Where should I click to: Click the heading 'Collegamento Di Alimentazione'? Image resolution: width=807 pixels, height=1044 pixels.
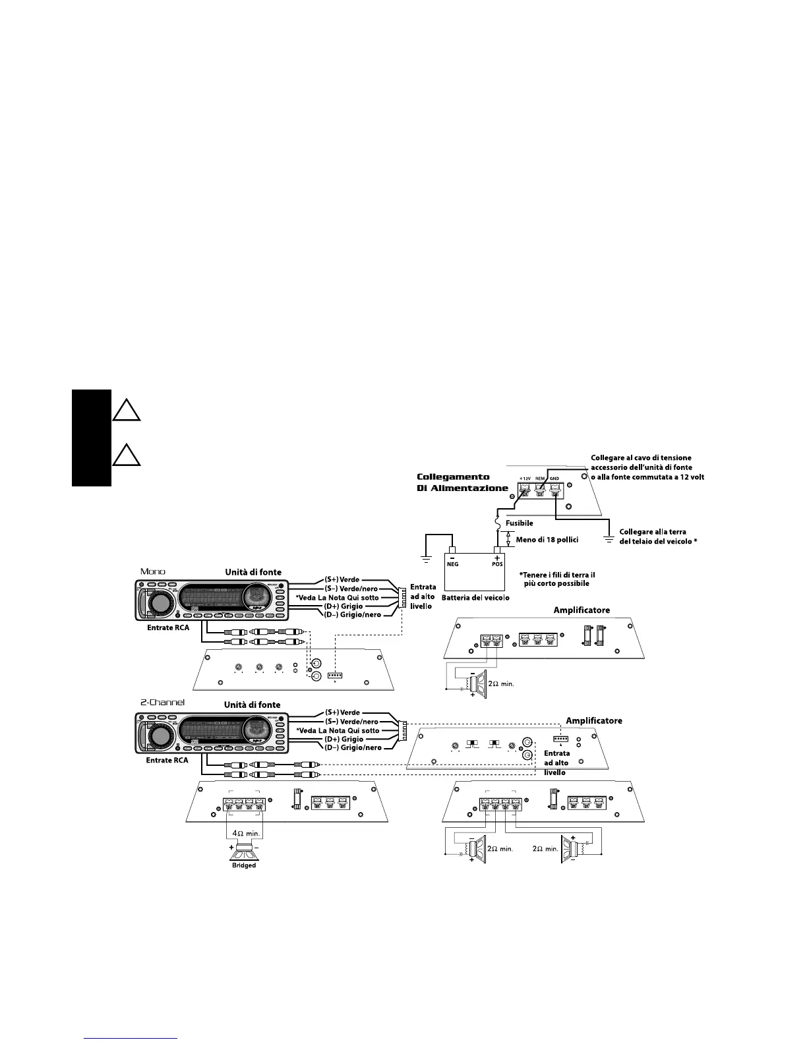click(x=463, y=482)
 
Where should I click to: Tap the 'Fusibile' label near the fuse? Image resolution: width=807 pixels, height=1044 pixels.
click(x=519, y=523)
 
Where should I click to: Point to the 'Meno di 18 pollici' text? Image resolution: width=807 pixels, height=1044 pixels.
click(x=547, y=540)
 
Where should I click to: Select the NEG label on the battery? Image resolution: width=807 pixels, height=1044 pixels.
click(x=452, y=564)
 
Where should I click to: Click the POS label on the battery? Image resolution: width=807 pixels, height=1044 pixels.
click(x=497, y=564)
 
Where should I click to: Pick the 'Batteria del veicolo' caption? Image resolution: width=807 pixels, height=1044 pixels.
click(x=475, y=597)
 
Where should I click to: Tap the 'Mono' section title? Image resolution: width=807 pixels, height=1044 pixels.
click(x=153, y=571)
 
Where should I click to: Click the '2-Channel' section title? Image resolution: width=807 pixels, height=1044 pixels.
click(x=162, y=703)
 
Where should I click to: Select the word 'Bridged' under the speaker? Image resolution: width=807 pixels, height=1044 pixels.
click(x=243, y=865)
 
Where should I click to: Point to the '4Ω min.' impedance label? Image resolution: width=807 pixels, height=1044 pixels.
click(x=244, y=833)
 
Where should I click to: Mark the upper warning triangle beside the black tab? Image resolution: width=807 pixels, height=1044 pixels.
click(x=125, y=411)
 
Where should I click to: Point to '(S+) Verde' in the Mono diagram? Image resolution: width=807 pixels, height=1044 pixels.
click(x=342, y=579)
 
